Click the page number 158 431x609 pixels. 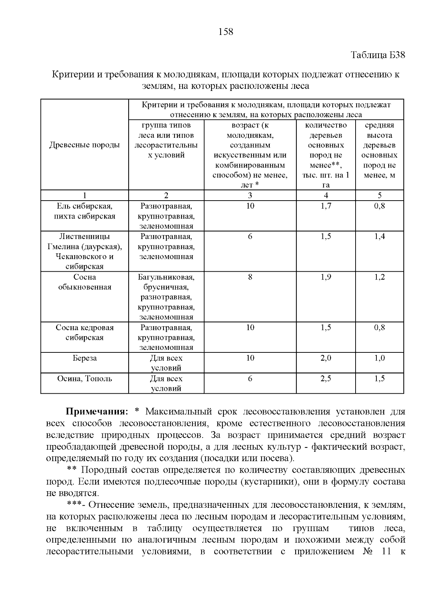pyautogui.click(x=226, y=32)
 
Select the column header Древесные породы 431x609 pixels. pyautogui.click(x=84, y=145)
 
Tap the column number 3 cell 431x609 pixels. pyautogui.click(x=250, y=196)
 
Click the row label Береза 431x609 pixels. pyautogui.click(x=84, y=358)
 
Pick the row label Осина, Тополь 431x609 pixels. pyautogui.click(x=84, y=379)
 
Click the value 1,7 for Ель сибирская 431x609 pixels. pyautogui.click(x=326, y=206)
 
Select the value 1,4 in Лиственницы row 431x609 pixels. pyautogui.click(x=380, y=236)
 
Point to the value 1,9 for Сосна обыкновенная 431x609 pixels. pyautogui.click(x=326, y=277)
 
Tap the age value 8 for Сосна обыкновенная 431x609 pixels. pyautogui.click(x=250, y=277)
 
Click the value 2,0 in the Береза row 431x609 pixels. pyautogui.click(x=326, y=358)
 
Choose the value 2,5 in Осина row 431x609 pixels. pyautogui.click(x=326, y=379)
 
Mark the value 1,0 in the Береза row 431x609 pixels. pyautogui.click(x=380, y=358)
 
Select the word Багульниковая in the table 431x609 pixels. pyautogui.click(x=166, y=277)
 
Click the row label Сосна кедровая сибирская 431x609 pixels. pyautogui.click(x=84, y=332)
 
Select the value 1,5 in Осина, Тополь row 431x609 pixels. pyautogui.click(x=380, y=379)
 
